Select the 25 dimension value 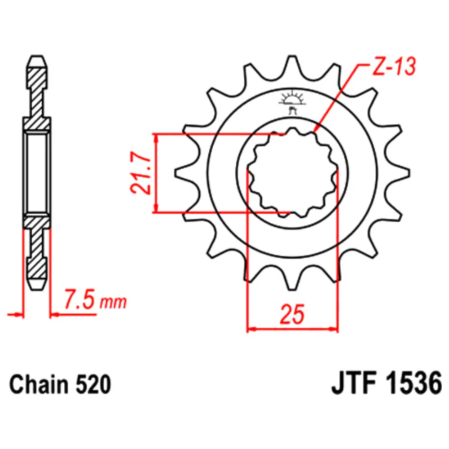pyautogui.click(x=292, y=314)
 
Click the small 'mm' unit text pyautogui.click(x=113, y=303)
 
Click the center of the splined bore pyautogui.click(x=293, y=173)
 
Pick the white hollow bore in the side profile pyautogui.click(x=37, y=173)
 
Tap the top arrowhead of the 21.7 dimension pyautogui.click(x=156, y=139)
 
